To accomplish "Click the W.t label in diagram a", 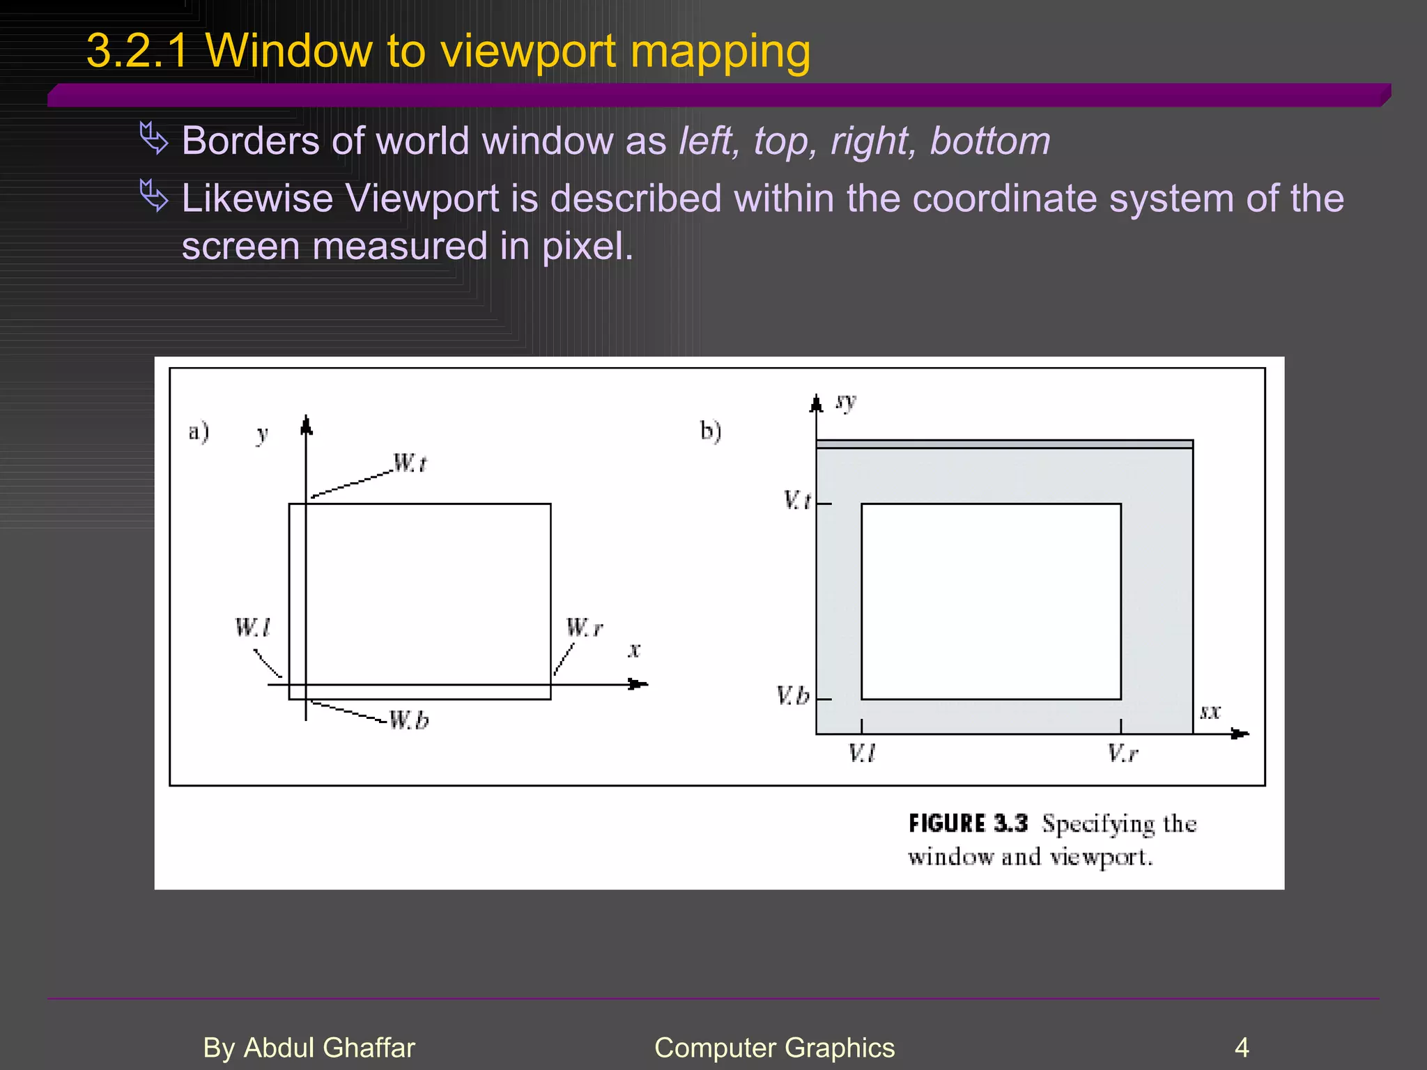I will click(x=410, y=463).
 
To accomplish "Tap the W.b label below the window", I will click(x=408, y=720).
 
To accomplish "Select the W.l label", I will click(x=252, y=628).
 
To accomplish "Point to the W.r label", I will click(x=584, y=628).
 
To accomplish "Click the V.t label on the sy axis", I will click(x=797, y=500).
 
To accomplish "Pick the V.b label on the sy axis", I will click(x=793, y=696).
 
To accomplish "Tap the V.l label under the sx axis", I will click(x=861, y=753).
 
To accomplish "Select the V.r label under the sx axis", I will click(x=1123, y=753).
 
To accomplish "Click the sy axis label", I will click(x=846, y=402).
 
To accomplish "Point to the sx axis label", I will click(x=1210, y=712).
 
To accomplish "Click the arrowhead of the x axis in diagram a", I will click(x=638, y=684).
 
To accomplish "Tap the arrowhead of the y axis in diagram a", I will click(x=306, y=425).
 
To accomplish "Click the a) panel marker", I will click(x=199, y=432).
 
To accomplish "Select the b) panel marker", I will click(x=711, y=431).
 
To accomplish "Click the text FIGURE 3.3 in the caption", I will click(x=968, y=823).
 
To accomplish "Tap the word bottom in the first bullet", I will click(x=990, y=141).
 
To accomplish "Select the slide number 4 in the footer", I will click(x=1242, y=1048).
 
